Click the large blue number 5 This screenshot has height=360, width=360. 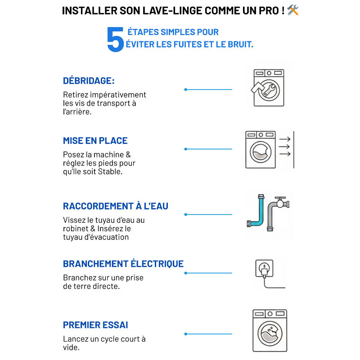pyautogui.click(x=115, y=39)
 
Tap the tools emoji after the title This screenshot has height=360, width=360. pyautogui.click(x=293, y=10)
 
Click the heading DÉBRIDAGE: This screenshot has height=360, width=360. pyautogui.click(x=89, y=81)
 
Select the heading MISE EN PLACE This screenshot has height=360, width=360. pyautogui.click(x=95, y=141)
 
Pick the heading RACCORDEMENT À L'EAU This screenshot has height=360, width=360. pyautogui.click(x=116, y=206)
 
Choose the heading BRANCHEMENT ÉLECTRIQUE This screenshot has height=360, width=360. pyautogui.click(x=123, y=264)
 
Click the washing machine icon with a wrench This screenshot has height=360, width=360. pyautogui.click(x=268, y=87)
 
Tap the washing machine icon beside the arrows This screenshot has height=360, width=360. pyautogui.click(x=260, y=150)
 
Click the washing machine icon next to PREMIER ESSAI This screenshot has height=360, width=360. pyautogui.click(x=270, y=330)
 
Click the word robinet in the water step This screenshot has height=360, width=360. pyautogui.click(x=76, y=229)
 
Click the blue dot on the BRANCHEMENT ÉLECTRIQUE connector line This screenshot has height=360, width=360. pyautogui.click(x=185, y=273)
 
